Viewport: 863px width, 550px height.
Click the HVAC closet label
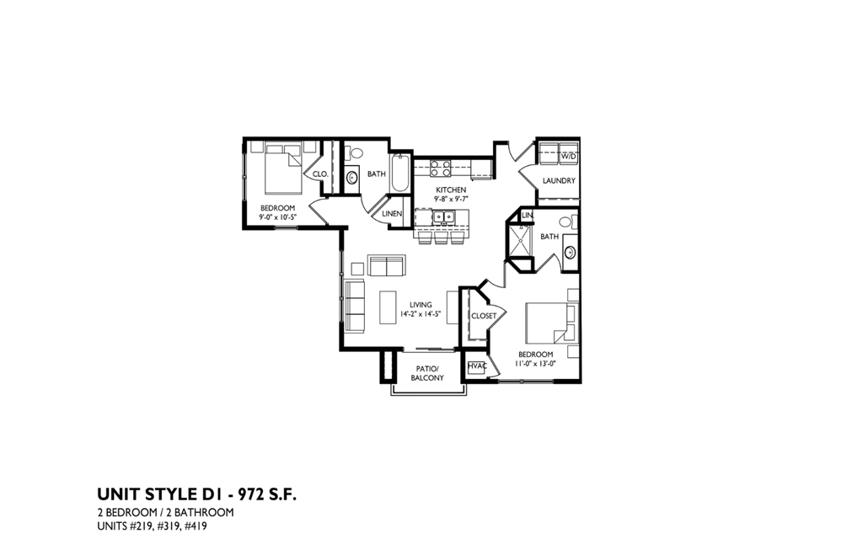pos(476,366)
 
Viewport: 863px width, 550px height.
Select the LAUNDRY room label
pos(560,181)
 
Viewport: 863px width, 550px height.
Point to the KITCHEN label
pos(451,190)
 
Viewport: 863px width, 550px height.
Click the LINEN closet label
pos(392,214)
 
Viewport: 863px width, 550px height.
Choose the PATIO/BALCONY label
pos(427,374)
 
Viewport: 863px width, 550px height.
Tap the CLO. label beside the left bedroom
pos(320,174)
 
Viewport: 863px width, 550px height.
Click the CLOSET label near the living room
pos(484,316)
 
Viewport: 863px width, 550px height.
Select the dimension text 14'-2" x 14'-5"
pos(421,315)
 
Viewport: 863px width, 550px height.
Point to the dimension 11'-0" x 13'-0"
pos(534,365)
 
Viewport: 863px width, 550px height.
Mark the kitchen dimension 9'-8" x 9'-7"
pos(451,200)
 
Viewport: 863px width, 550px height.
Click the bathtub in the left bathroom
pos(399,174)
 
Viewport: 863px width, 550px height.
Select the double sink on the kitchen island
pos(444,217)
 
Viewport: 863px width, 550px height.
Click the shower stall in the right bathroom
pos(518,240)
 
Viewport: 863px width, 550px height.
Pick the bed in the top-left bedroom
pos(282,170)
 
